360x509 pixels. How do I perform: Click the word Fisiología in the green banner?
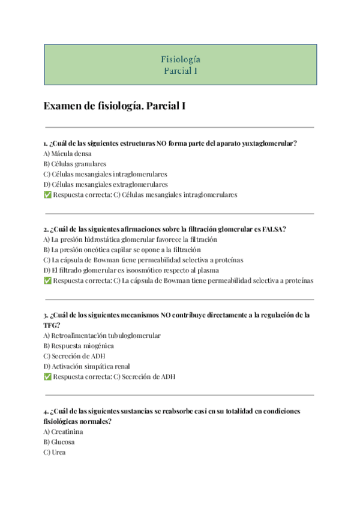coord(180,59)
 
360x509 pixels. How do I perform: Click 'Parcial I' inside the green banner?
coord(180,70)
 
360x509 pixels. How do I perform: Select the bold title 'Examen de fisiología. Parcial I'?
coord(115,106)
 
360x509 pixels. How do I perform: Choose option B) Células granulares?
coord(75,164)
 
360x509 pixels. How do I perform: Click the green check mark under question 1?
coord(47,194)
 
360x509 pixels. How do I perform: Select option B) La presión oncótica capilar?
coord(122,250)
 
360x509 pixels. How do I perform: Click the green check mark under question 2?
coord(47,280)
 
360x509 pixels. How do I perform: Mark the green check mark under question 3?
coord(47,376)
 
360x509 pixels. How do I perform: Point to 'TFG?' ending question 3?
coord(52,325)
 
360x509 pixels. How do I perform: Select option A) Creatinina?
coord(63,432)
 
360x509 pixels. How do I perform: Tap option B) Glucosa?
coord(59,442)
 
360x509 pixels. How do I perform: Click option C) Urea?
coord(55,452)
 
